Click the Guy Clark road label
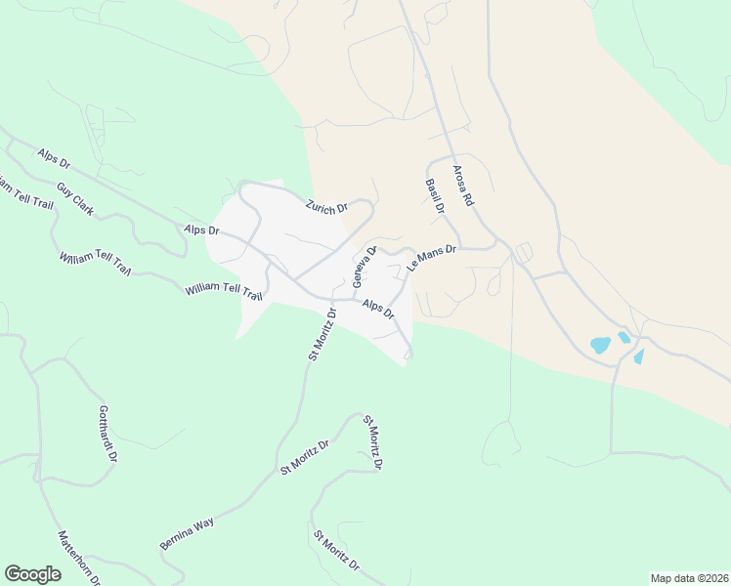[x=75, y=198]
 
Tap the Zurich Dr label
[x=326, y=207]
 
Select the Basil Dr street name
[x=435, y=195]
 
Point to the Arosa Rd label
[x=462, y=185]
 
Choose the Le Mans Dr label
[x=432, y=258]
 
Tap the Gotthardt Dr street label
[x=108, y=434]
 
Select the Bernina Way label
[x=187, y=532]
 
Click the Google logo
[x=32, y=574]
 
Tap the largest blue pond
[x=600, y=345]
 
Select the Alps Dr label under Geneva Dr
[x=377, y=310]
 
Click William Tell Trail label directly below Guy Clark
[x=94, y=263]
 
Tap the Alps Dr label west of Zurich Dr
[x=201, y=230]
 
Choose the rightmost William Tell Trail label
[x=225, y=291]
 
